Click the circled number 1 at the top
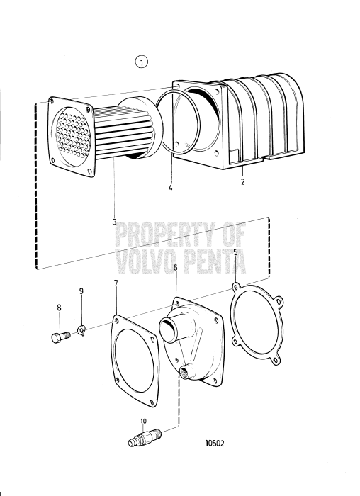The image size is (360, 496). tap(142, 63)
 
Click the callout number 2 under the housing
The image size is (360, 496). tap(243, 181)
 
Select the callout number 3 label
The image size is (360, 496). tap(114, 222)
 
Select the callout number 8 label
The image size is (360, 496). tap(60, 308)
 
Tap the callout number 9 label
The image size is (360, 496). tap(81, 291)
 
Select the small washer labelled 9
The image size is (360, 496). tap(83, 328)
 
